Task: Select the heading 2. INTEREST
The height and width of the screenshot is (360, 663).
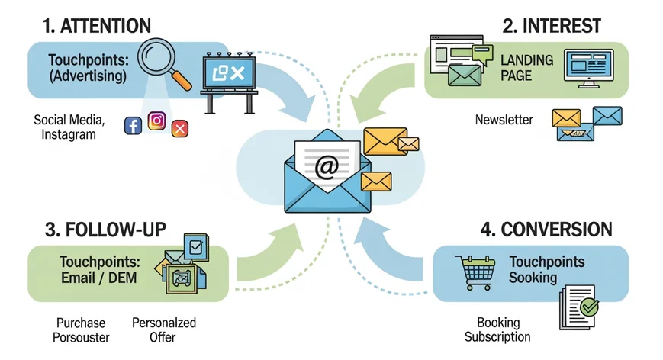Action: point(550,25)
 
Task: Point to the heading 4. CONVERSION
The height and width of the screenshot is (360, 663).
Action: point(546,230)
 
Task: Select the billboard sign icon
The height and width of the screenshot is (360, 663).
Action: point(229,76)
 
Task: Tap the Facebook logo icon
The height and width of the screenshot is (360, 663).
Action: point(133,126)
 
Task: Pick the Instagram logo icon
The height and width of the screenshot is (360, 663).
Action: point(157,122)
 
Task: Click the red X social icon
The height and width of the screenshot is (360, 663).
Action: point(180,128)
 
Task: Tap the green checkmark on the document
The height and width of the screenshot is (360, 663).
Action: point(589,307)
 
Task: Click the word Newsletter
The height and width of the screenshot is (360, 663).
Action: point(504,120)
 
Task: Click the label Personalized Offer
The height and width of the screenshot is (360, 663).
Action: point(163,329)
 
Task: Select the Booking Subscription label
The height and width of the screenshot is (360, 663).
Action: point(497,329)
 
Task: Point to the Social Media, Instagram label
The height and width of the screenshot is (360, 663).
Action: point(69,127)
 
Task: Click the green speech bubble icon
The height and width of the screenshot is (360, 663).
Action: point(482,53)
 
